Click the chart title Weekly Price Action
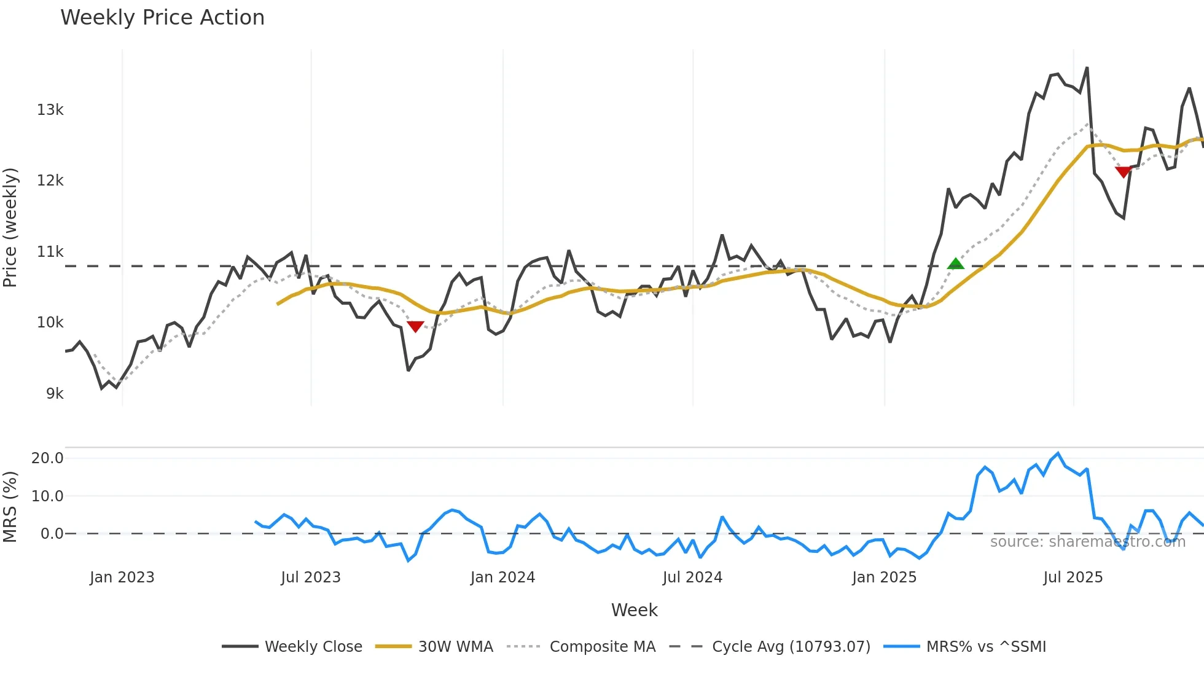click(162, 18)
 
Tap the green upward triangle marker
click(956, 264)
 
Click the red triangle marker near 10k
click(415, 326)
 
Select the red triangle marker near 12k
click(1124, 172)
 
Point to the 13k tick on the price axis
click(50, 110)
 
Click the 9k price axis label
click(55, 394)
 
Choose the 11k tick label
click(50, 252)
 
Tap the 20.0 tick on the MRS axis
click(47, 458)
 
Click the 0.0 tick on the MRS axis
click(52, 534)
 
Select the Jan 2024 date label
click(502, 577)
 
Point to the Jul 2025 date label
click(1073, 577)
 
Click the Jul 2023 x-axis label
click(311, 577)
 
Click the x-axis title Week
click(634, 610)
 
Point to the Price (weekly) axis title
click(10, 227)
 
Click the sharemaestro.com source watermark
click(1087, 542)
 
